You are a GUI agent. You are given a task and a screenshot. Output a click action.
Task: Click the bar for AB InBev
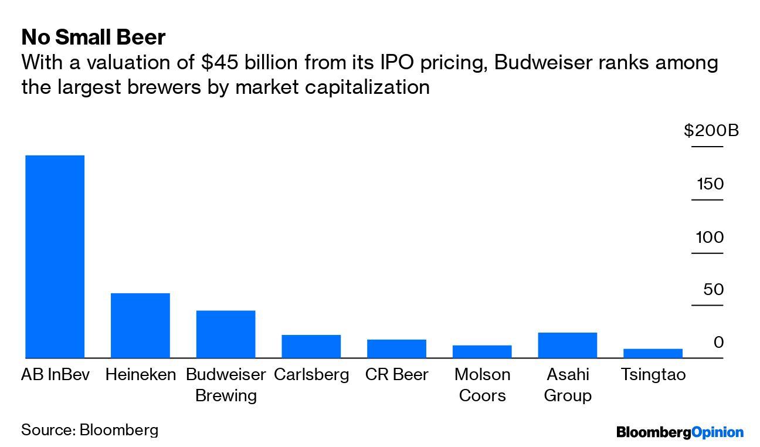click(55, 256)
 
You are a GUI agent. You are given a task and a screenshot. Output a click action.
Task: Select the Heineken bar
click(140, 325)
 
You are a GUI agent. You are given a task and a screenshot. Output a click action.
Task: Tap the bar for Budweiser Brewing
click(226, 334)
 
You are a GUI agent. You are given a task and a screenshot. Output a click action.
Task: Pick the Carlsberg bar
click(311, 346)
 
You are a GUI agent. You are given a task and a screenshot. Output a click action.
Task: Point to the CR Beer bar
click(396, 348)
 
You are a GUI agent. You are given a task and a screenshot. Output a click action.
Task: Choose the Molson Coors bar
click(482, 351)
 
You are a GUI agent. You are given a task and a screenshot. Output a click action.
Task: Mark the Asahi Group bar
click(567, 345)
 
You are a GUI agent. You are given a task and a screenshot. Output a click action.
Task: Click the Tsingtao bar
click(653, 353)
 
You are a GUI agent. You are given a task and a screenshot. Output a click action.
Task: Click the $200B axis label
click(711, 130)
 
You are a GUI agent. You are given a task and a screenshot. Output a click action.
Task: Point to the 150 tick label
click(710, 184)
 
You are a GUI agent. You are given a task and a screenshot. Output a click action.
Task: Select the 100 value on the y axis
click(710, 238)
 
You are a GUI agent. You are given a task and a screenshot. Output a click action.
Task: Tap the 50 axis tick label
click(714, 290)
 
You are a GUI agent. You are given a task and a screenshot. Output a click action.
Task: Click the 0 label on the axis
click(718, 343)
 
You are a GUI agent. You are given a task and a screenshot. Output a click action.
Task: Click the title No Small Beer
click(93, 38)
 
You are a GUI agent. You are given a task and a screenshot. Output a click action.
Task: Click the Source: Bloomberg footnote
click(90, 430)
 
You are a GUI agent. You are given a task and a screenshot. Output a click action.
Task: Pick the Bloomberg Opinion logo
click(680, 433)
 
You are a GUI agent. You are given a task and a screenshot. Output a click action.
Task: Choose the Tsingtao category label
click(653, 375)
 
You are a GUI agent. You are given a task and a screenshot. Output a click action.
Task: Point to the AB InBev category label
click(55, 375)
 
